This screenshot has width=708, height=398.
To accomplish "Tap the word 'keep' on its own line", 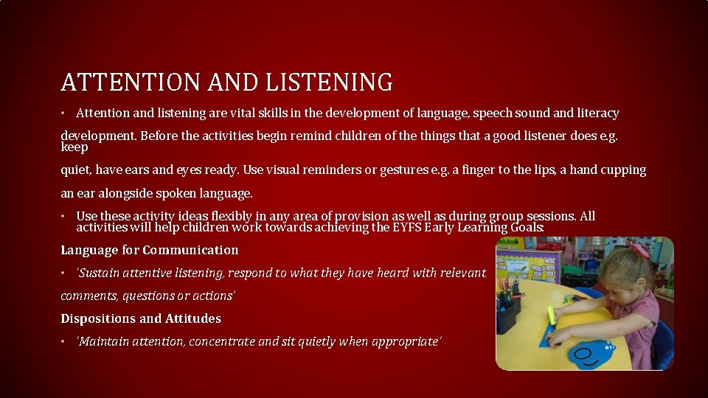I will (74, 147).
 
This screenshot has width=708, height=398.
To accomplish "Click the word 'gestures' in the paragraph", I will (404, 170).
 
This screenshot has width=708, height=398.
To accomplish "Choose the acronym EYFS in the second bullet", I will (414, 228).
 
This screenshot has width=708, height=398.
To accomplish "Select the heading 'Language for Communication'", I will (150, 251).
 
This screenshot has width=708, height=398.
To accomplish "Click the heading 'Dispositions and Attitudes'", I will (141, 318).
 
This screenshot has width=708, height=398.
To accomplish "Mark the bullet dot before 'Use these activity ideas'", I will (64, 217).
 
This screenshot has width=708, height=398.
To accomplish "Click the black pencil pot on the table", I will (507, 314).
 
